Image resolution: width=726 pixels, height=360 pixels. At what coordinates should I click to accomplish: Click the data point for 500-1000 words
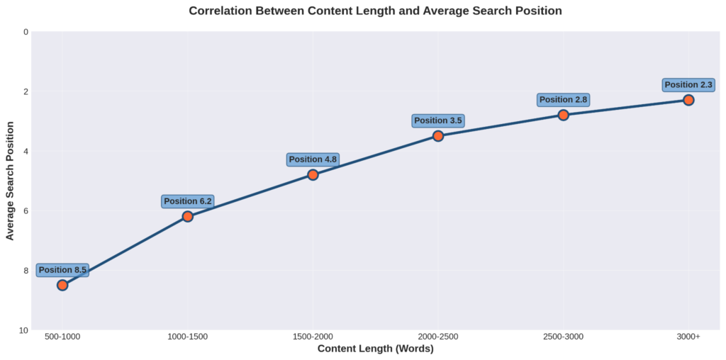[62, 285]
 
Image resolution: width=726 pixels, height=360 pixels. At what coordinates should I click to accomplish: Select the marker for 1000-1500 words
[188, 216]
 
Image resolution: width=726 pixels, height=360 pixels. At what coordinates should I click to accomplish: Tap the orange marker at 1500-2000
[313, 174]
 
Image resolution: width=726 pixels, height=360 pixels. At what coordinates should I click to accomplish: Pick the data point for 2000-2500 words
[438, 135]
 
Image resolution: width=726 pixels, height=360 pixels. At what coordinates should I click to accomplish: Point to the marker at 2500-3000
[563, 115]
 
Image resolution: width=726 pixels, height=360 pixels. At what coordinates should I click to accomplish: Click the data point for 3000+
[688, 100]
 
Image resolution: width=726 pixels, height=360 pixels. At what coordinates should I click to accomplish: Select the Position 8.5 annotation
[62, 270]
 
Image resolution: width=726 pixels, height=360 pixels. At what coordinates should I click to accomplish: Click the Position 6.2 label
[188, 201]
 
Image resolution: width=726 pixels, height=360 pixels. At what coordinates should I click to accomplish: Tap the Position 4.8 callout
[313, 159]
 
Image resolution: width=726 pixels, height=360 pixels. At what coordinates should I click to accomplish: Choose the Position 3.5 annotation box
[438, 120]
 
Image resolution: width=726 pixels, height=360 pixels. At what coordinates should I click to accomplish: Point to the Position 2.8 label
[563, 100]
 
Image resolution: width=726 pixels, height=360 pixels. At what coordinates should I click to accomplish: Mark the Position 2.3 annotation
[688, 85]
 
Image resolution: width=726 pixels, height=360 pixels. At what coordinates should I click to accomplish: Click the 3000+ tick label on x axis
[688, 336]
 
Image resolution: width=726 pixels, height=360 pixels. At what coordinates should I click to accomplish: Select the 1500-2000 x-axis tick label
[313, 336]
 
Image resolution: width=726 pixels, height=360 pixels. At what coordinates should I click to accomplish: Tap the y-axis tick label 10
[24, 330]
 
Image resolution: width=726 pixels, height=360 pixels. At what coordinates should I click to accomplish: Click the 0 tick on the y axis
[26, 32]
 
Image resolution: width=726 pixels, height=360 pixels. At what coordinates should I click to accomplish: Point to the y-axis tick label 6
[26, 210]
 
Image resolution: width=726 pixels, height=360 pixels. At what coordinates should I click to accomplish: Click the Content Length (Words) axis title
[375, 349]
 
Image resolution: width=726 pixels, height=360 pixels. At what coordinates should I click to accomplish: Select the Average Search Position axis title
[10, 181]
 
